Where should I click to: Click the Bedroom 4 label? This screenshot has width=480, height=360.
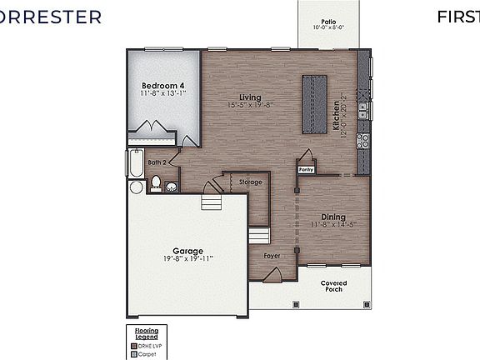[x=162, y=86]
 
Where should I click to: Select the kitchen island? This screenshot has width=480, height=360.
[x=314, y=103]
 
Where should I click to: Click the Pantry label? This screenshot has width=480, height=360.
[x=307, y=168]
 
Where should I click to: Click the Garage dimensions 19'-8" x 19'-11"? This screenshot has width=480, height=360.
[x=187, y=258]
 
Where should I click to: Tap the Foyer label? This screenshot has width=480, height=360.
[x=272, y=255]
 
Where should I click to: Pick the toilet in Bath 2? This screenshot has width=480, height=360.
[x=155, y=184]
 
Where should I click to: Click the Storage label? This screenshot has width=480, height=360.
[x=250, y=182]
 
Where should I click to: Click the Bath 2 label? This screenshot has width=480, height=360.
[x=157, y=162]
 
